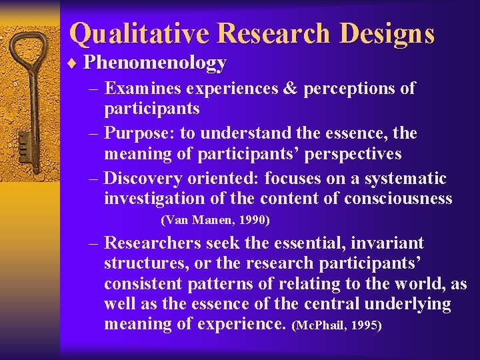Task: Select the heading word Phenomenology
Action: click(x=155, y=63)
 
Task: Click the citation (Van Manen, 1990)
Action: click(x=215, y=219)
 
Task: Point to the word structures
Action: click(x=145, y=263)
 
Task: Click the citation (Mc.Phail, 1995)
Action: click(x=336, y=326)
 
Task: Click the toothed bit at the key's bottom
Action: click(x=23, y=143)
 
